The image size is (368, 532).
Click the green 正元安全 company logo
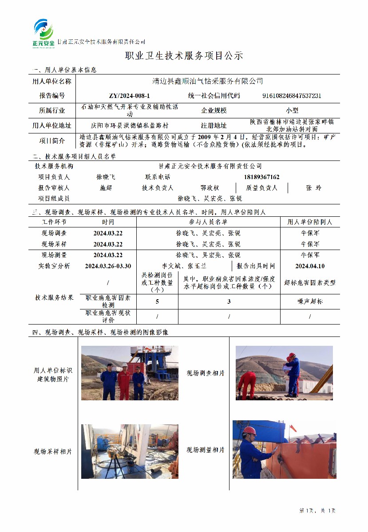44,32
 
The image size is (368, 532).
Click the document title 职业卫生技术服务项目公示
184,56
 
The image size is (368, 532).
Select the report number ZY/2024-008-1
129,96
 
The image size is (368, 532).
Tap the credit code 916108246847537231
292,96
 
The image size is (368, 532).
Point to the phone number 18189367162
261,177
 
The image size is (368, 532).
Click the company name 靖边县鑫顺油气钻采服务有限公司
207,81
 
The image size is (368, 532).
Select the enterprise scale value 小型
292,110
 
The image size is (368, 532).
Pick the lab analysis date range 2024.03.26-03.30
108,266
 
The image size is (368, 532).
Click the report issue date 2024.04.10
310,266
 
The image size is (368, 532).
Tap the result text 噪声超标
310,301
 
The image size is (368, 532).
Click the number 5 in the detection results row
157,301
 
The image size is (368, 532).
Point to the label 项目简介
51,141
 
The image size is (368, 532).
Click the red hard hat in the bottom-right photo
249,430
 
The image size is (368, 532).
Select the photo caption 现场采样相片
52,451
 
